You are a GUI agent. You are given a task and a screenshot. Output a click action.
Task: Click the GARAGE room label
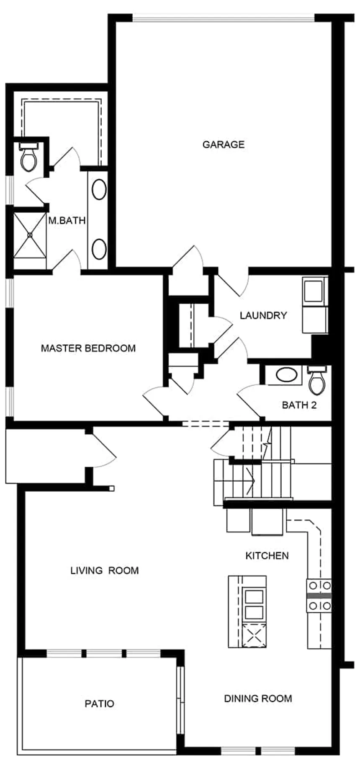point(223,144)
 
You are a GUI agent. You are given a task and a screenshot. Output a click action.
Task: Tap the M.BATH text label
point(67,220)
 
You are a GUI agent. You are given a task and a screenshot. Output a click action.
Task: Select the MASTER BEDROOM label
point(88,348)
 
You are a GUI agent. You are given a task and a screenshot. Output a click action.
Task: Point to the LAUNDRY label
point(263,315)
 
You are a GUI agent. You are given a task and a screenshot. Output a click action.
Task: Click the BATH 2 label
point(299,405)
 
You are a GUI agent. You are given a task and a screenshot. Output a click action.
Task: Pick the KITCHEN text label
point(267,556)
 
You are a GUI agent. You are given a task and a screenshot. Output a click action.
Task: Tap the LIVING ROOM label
point(104,570)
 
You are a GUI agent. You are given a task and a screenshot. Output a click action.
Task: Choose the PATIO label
point(99,704)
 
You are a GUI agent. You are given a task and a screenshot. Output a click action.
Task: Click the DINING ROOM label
point(258,698)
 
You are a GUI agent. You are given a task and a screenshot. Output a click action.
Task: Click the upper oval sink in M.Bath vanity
point(99,189)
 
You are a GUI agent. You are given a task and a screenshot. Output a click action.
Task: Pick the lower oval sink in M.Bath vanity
point(99,249)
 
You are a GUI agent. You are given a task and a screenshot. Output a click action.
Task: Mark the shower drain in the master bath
point(30,235)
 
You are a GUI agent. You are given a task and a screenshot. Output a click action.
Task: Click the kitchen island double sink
point(254,604)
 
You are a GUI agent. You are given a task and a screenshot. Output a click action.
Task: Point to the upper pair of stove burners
point(319,585)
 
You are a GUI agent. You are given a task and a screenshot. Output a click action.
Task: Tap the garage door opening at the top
point(223,18)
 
